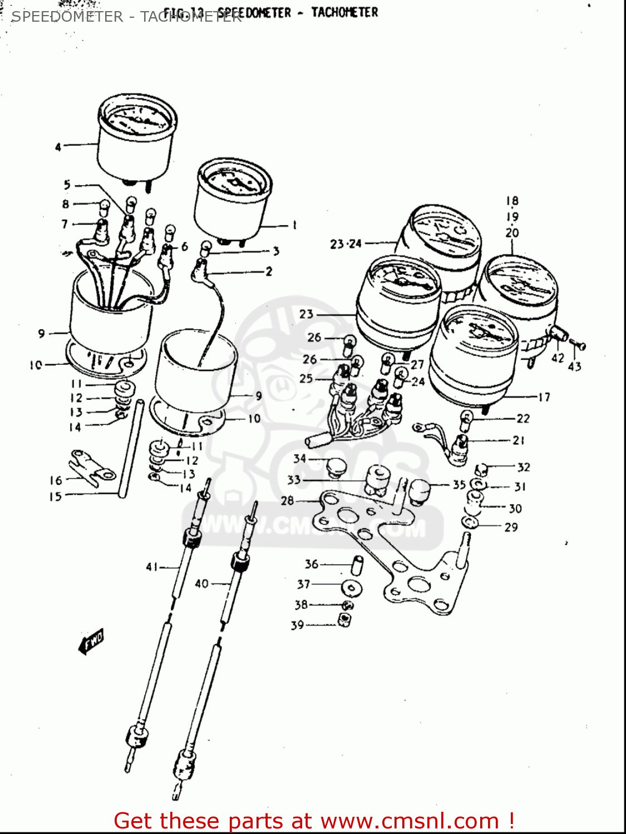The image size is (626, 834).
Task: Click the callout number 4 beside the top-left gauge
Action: click(x=58, y=147)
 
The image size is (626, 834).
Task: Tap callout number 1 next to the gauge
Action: click(x=294, y=225)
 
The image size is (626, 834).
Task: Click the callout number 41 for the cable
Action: click(x=152, y=567)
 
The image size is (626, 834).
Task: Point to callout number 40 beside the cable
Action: click(x=201, y=583)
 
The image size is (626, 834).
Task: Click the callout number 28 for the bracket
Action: click(x=287, y=500)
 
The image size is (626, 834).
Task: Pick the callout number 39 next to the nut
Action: click(x=297, y=625)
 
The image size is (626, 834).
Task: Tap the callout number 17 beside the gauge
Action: click(x=544, y=397)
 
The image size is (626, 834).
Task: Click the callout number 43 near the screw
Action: click(x=575, y=366)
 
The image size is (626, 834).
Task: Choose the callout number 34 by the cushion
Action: click(x=300, y=458)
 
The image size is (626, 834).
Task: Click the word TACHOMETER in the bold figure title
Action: click(x=344, y=12)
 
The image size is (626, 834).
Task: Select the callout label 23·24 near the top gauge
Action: click(x=346, y=244)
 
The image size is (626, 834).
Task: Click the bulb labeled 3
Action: click(x=205, y=246)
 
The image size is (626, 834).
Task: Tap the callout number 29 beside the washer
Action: click(x=511, y=527)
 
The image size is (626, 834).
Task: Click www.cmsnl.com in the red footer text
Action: click(x=410, y=821)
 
